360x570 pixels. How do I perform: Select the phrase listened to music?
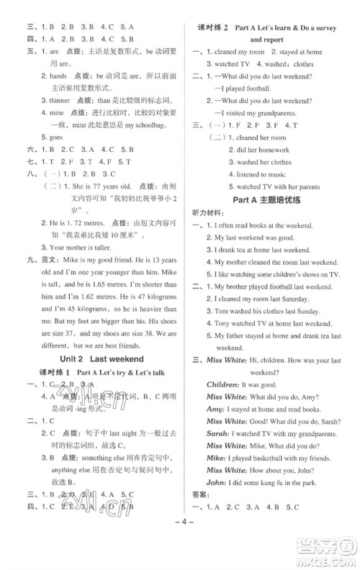coord(260,174)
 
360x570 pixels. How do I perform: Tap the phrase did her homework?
coord(261,149)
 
